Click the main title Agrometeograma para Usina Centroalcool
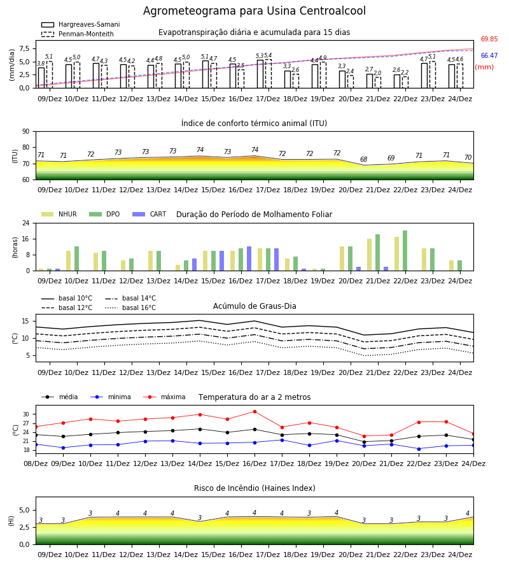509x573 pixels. pyautogui.click(x=254, y=11)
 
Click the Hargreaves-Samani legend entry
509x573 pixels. pyautogui.click(x=81, y=24)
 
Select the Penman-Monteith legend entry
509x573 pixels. pyautogui.click(x=78, y=34)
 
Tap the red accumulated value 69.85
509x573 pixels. pyautogui.click(x=489, y=39)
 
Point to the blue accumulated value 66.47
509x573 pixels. pyautogui.click(x=489, y=55)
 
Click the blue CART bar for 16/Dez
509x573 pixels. pyautogui.click(x=249, y=258)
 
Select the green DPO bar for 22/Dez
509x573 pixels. pyautogui.click(x=405, y=251)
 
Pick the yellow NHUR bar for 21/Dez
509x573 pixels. pyautogui.click(x=370, y=255)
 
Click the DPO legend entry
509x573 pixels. pyautogui.click(x=104, y=214)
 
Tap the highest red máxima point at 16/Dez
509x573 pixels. pyautogui.click(x=255, y=412)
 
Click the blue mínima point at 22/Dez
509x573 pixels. pyautogui.click(x=419, y=449)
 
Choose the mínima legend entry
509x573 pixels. pyautogui.click(x=111, y=397)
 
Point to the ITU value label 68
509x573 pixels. pyautogui.click(x=364, y=159)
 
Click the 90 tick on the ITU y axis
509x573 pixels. pyautogui.click(x=26, y=132)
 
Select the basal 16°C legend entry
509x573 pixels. pyautogui.click(x=130, y=308)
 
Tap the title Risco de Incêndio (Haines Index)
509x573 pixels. pyautogui.click(x=254, y=488)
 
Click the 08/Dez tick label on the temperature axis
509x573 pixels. pyautogui.click(x=36, y=463)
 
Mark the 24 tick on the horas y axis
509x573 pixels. pyautogui.click(x=26, y=223)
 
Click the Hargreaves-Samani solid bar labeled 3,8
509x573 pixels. pyautogui.click(x=41, y=78)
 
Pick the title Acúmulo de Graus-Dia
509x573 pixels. pyautogui.click(x=254, y=306)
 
